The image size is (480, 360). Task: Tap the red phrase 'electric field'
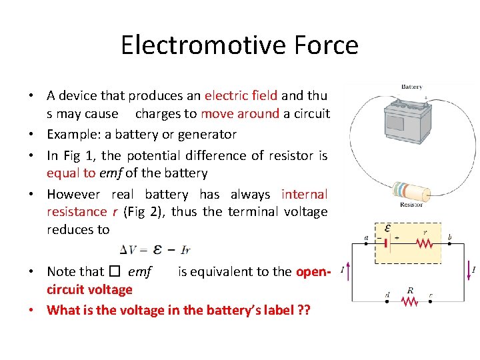241,95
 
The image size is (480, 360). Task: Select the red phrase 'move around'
240,113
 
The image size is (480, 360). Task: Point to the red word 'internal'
304,194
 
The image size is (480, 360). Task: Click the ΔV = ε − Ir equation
155,249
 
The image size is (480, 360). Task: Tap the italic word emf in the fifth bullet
140,271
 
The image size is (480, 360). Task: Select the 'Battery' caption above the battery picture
411,87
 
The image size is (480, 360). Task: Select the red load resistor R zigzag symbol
410,301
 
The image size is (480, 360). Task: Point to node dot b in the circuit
451,244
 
